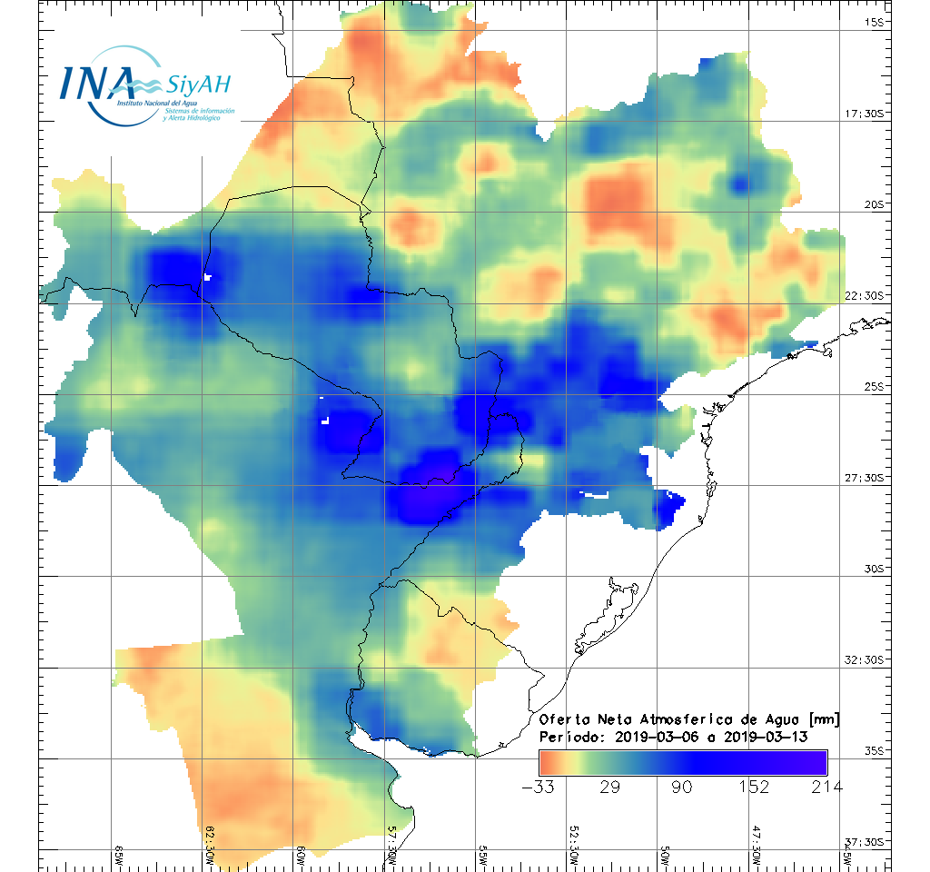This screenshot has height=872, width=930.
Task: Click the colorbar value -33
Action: (539, 787)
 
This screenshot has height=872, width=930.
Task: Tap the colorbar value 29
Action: (610, 787)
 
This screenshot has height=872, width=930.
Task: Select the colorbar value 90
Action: (682, 787)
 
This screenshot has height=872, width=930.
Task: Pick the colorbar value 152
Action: (754, 787)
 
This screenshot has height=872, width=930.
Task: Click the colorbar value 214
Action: (826, 787)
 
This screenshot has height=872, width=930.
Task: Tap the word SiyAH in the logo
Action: (198, 85)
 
